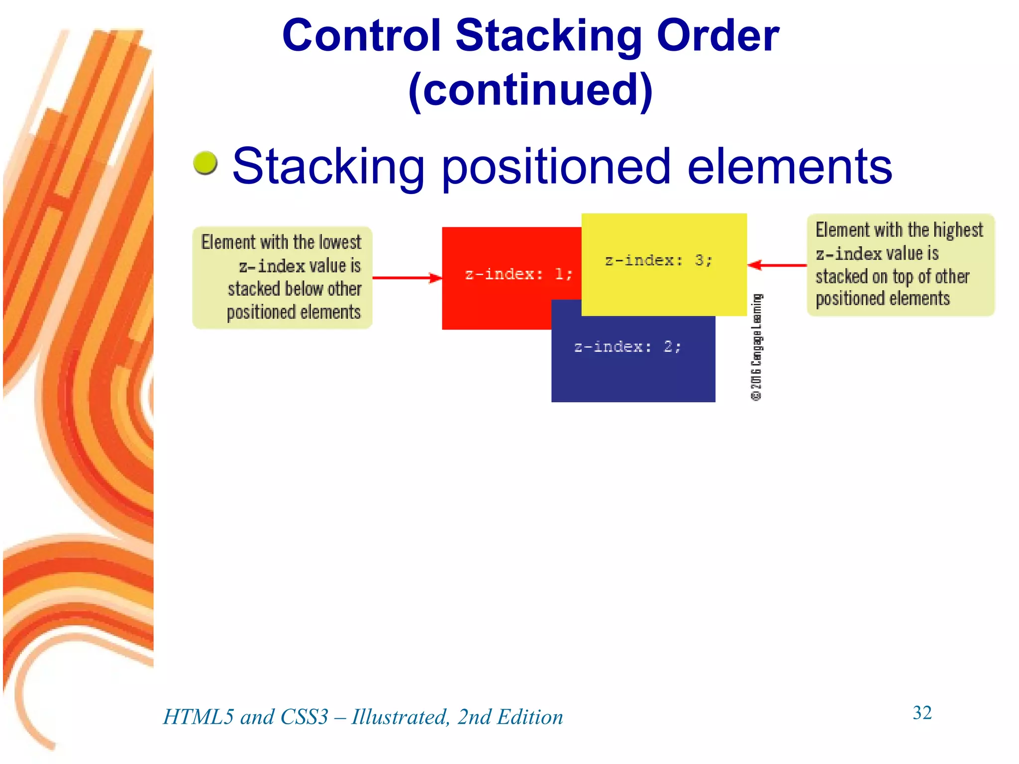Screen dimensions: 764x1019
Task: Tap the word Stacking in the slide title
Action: click(548, 36)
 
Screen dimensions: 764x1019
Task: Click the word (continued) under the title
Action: click(530, 90)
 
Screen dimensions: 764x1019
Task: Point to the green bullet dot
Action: click(205, 163)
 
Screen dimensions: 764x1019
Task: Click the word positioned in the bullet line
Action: click(556, 167)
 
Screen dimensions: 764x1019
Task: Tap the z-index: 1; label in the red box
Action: click(518, 274)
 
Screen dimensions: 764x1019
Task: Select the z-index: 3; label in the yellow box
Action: click(658, 260)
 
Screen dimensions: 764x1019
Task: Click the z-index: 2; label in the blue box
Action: click(627, 347)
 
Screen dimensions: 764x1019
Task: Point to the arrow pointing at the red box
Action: click(407, 278)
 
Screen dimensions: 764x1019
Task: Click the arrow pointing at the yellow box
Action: click(777, 265)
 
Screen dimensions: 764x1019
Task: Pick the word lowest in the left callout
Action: click(340, 242)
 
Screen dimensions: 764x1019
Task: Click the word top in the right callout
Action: click(903, 277)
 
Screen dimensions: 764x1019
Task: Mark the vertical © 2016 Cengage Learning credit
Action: click(756, 347)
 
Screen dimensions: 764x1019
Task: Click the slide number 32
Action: click(922, 713)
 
